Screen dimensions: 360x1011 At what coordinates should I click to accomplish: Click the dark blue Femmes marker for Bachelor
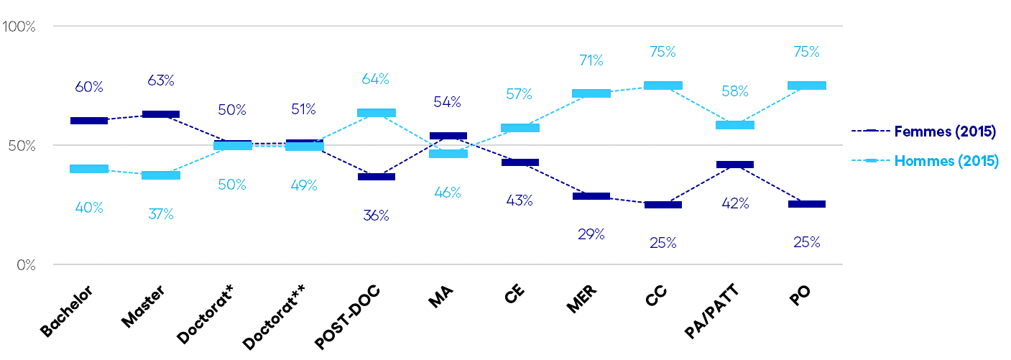(89, 120)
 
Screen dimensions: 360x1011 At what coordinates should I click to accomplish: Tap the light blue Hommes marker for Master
(161, 175)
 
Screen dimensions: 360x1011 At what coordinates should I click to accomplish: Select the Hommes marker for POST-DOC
(376, 113)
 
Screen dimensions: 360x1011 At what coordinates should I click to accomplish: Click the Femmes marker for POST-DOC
(376, 177)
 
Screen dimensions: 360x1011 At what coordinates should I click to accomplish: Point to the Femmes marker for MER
(591, 196)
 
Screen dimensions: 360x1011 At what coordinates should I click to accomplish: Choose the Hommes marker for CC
(663, 86)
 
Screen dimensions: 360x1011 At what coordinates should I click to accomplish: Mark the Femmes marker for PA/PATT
(735, 165)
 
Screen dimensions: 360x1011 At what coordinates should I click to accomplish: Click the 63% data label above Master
(160, 80)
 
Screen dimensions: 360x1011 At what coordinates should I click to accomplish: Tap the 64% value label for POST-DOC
(375, 78)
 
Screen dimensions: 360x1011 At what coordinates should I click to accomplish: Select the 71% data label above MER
(591, 60)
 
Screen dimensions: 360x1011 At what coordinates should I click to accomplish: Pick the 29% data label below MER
(591, 234)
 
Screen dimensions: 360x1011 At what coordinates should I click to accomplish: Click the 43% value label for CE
(519, 201)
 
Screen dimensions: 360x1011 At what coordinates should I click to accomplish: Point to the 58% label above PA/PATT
(734, 91)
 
